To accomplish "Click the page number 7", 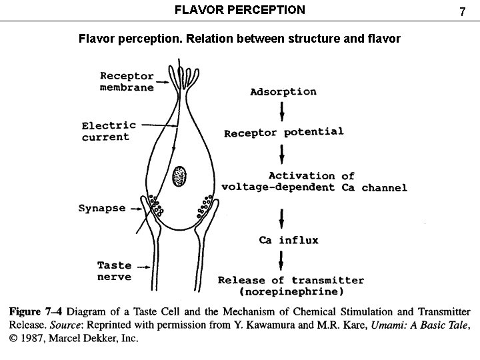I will [461, 11].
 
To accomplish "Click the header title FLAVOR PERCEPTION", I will [239, 10].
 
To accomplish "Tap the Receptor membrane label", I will [127, 81].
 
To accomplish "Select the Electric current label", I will [109, 131].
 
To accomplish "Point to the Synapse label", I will [102, 208].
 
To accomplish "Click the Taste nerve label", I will [114, 271].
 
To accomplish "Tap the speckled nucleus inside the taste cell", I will [180, 176].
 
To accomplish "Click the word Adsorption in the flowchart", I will [283, 91].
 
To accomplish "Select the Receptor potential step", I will [284, 132].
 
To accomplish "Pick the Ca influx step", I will [289, 240].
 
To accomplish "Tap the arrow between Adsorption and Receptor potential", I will [282, 112].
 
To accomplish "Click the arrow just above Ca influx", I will [282, 218].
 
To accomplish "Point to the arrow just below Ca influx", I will [282, 259].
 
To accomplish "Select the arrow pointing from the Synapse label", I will [137, 208].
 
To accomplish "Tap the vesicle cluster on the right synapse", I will [205, 207].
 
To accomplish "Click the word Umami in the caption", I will [371, 325].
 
